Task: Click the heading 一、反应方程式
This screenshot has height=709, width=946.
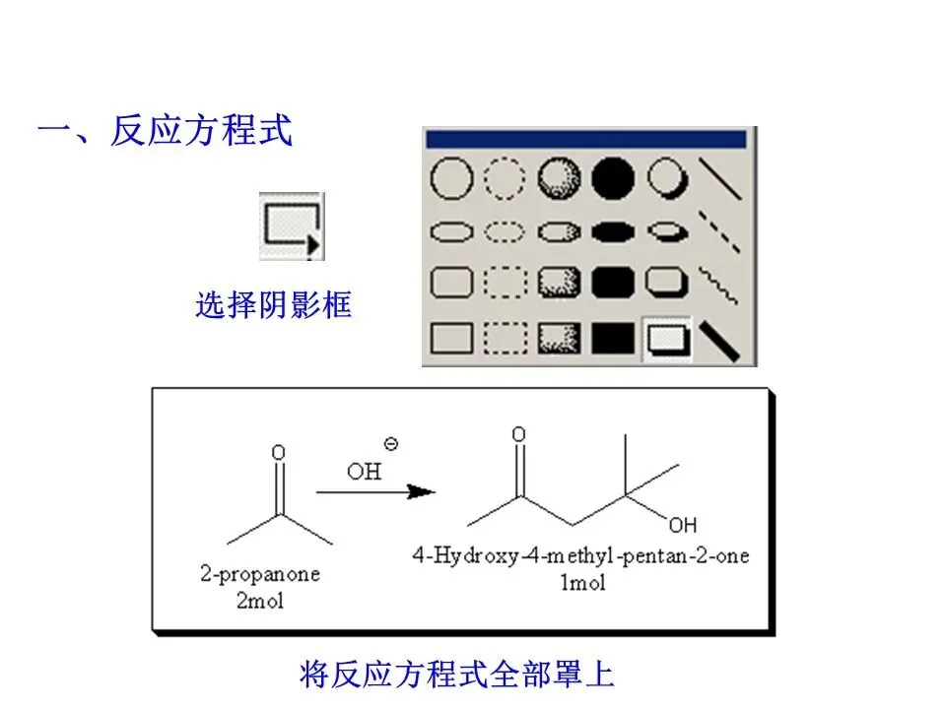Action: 165,131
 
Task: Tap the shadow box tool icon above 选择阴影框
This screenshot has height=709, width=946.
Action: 291,226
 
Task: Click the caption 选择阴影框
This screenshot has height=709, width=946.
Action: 273,306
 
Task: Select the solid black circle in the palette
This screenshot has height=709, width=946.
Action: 613,179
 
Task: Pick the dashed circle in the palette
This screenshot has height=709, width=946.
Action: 506,179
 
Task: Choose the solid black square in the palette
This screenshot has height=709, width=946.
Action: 613,339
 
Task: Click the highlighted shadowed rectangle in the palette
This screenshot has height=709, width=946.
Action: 666,339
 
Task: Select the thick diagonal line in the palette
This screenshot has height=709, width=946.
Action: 719,339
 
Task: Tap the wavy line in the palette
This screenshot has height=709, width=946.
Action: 719,285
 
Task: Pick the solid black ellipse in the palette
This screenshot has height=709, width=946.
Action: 613,232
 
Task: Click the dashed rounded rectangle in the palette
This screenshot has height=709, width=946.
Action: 506,285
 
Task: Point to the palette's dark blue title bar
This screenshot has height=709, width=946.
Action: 586,139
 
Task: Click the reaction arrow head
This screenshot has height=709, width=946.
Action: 422,491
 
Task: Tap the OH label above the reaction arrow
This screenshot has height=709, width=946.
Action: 364,472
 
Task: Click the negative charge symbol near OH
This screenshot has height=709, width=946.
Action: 390,445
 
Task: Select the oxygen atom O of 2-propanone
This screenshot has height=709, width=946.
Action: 278,452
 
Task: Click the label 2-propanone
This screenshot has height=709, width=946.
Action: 260,574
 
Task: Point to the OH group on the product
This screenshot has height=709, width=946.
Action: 682,523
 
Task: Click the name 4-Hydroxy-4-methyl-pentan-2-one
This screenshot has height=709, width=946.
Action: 579,555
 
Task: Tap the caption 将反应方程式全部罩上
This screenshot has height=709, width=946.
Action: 456,676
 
